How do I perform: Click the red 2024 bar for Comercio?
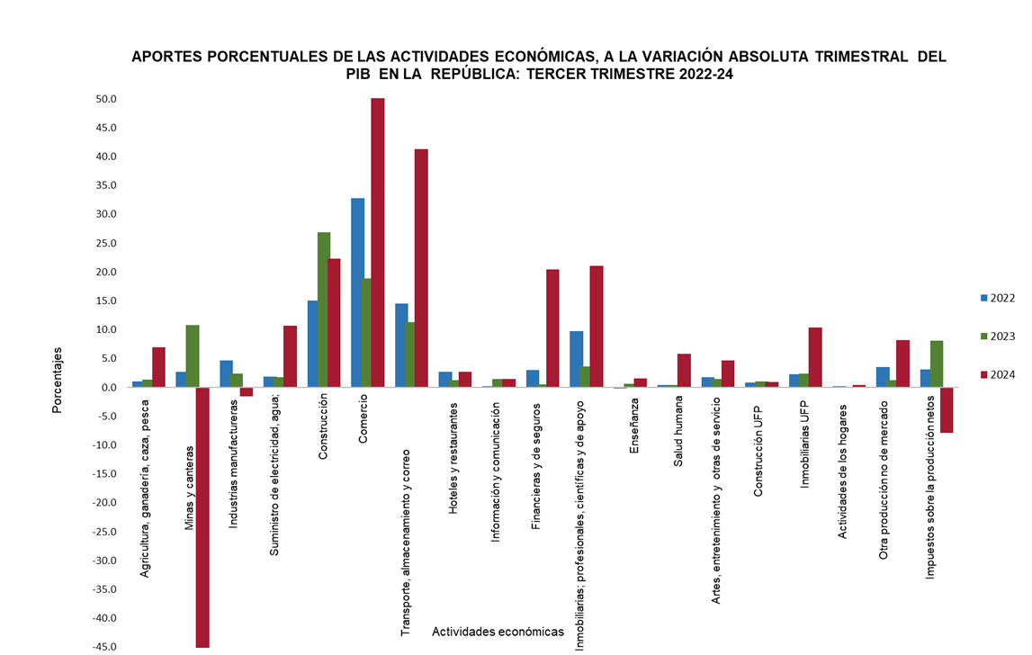pyautogui.click(x=378, y=243)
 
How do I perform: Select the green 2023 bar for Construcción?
pyautogui.click(x=324, y=310)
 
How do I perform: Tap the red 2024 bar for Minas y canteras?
pyautogui.click(x=202, y=517)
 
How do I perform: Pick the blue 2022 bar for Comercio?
pyautogui.click(x=357, y=292)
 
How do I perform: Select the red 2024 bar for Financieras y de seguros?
pyautogui.click(x=552, y=328)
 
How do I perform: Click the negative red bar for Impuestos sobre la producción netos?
pyautogui.click(x=947, y=410)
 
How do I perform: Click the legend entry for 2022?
pyautogui.click(x=997, y=298)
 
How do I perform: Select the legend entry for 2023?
pyautogui.click(x=997, y=336)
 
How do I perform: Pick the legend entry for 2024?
pyautogui.click(x=997, y=374)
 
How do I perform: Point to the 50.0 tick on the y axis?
pyautogui.click(x=106, y=99)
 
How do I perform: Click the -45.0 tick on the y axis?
pyautogui.click(x=104, y=647)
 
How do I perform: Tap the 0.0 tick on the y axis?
pyautogui.click(x=110, y=388)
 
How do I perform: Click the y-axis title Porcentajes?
pyautogui.click(x=58, y=380)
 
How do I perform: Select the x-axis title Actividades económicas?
pyautogui.click(x=498, y=632)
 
